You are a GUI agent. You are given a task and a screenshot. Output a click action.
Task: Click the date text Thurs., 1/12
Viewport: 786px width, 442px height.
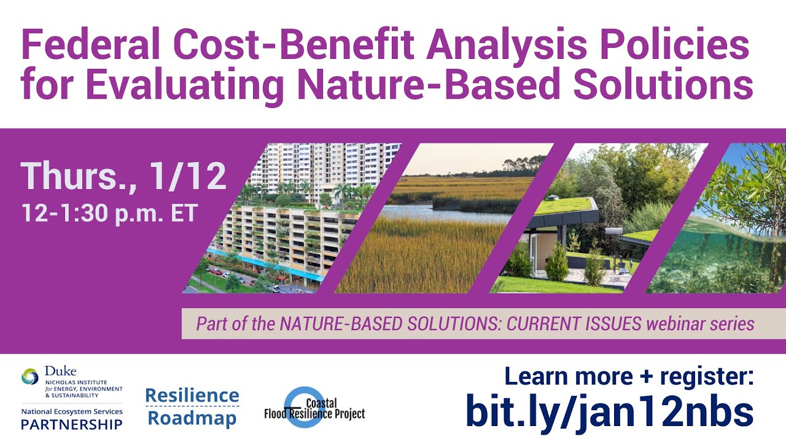tap(123, 177)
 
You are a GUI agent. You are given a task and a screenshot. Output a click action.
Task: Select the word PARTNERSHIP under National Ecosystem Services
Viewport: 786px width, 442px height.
tap(71, 424)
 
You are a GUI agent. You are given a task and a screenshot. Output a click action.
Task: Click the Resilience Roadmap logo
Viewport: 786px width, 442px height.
tap(192, 406)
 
